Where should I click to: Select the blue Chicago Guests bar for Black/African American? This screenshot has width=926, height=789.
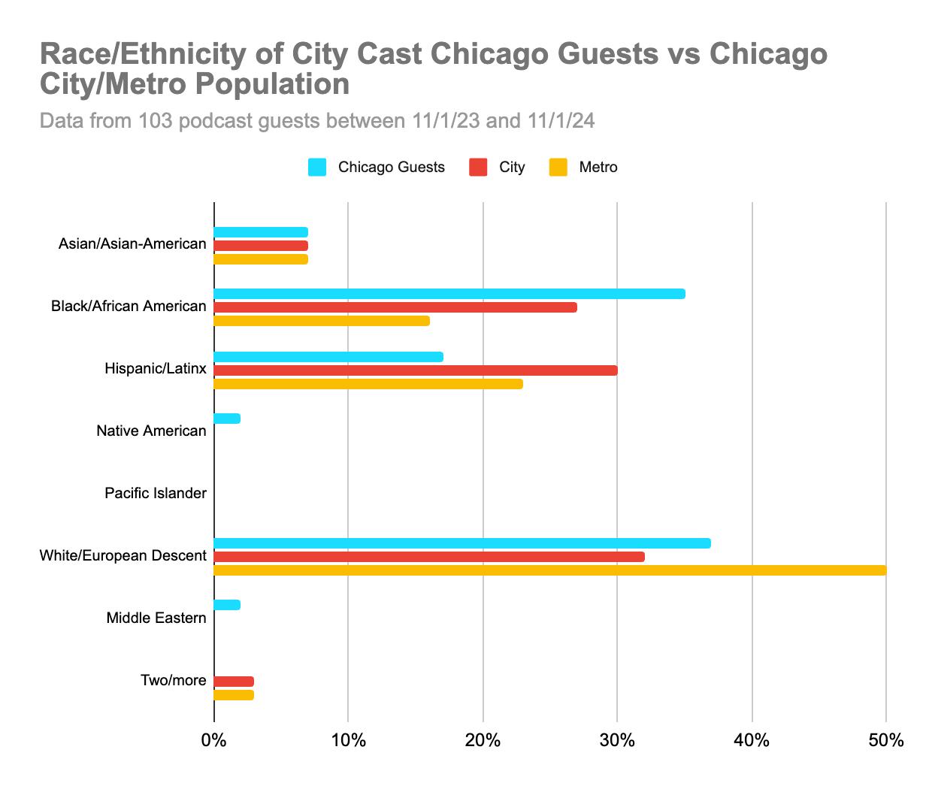click(x=449, y=294)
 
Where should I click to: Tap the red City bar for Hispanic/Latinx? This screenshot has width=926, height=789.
click(x=416, y=370)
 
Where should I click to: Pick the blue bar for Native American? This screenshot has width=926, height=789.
click(x=227, y=419)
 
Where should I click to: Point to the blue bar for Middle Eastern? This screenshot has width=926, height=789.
click(x=227, y=605)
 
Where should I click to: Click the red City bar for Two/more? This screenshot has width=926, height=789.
click(x=234, y=682)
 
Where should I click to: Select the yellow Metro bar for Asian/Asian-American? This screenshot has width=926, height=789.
click(x=261, y=259)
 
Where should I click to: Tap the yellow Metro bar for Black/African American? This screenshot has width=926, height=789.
click(x=322, y=321)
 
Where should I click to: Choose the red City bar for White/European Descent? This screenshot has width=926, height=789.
click(x=429, y=557)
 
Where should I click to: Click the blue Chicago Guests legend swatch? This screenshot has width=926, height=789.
click(x=317, y=167)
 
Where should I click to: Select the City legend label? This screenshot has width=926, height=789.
click(x=512, y=167)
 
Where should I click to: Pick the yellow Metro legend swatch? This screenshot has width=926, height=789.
click(x=558, y=167)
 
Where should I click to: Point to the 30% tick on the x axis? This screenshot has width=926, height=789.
click(x=617, y=741)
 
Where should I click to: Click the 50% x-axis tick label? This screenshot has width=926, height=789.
click(x=885, y=741)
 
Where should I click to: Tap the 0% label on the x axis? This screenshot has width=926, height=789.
click(x=214, y=741)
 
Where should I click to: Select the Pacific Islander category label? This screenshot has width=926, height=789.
click(x=156, y=494)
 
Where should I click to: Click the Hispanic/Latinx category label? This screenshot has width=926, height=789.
click(x=156, y=369)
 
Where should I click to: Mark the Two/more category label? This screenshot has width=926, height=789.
click(x=173, y=681)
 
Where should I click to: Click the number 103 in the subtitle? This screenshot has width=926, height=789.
click(x=157, y=121)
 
